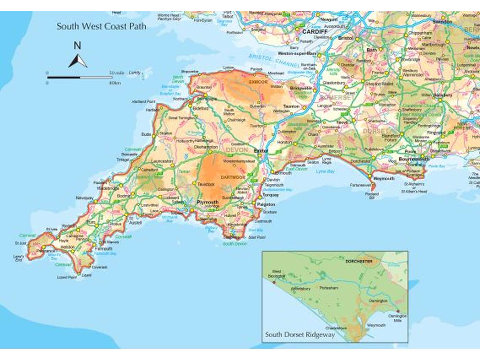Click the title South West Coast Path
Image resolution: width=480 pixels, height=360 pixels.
pyautogui.click(x=101, y=26)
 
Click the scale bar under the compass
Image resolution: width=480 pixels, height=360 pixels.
pyautogui.click(x=80, y=77)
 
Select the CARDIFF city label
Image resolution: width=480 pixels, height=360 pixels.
pyautogui.click(x=315, y=32)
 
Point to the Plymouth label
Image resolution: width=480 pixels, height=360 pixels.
pyautogui.click(x=208, y=202)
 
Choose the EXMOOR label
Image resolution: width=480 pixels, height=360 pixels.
pyautogui.click(x=258, y=82)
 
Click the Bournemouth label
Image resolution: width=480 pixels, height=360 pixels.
pyautogui.click(x=414, y=159)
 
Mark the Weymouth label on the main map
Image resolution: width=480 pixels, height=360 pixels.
pyautogui.click(x=384, y=179)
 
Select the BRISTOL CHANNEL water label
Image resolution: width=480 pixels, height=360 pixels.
pyautogui.click(x=274, y=61)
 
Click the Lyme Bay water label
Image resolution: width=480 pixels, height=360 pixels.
pyautogui.click(x=325, y=171)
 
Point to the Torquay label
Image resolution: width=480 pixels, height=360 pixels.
pyautogui.click(x=271, y=195)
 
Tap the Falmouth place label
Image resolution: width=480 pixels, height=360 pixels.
pyautogui.click(x=104, y=249)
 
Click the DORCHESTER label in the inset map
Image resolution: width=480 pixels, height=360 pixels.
pyautogui.click(x=359, y=261)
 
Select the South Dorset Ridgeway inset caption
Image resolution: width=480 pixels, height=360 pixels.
pyautogui.click(x=300, y=335)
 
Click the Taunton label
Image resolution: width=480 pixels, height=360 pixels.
pyautogui.click(x=291, y=107)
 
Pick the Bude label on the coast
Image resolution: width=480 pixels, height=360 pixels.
pyautogui.click(x=146, y=134)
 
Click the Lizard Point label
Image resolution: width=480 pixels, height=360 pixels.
pyautogui.click(x=67, y=277)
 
